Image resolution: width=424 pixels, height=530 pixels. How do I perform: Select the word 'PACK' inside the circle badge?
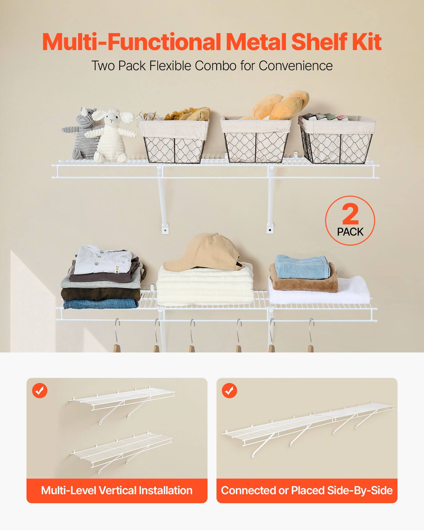tap(350, 232)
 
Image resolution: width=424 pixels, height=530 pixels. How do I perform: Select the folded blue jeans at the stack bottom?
tap(101, 304)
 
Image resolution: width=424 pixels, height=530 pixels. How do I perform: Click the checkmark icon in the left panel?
tap(40, 390)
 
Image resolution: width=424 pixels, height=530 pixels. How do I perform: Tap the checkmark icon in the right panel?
tap(229, 390)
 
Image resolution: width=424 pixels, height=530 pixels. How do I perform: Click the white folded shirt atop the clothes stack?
tap(103, 260)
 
